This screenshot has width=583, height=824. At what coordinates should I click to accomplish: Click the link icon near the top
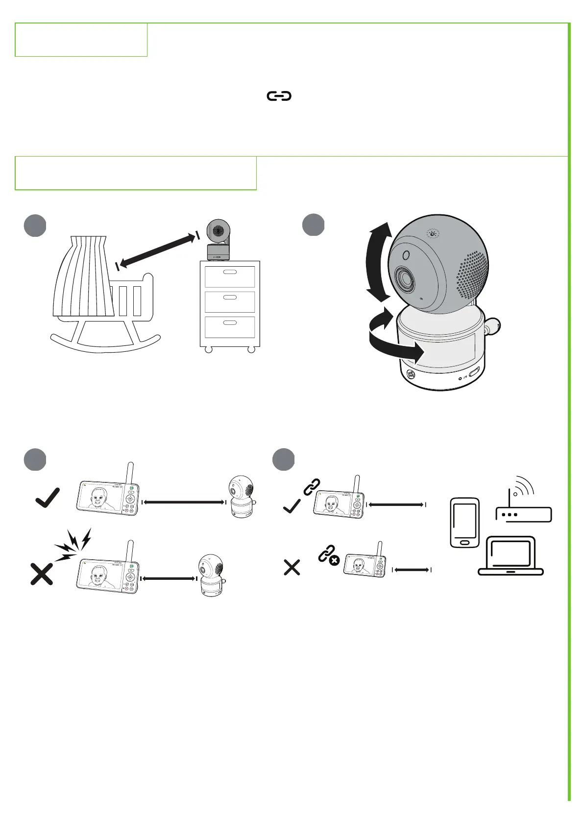279,96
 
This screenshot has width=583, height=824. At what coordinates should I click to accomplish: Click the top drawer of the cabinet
230,276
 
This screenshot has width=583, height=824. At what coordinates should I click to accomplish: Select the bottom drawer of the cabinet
230,327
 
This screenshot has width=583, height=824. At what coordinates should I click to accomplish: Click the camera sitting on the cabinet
219,240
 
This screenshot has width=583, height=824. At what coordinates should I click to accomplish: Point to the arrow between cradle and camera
157,251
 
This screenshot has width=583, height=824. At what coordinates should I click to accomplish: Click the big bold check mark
48,497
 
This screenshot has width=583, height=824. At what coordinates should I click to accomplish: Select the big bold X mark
42,574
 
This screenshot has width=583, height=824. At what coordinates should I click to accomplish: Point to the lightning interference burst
73,543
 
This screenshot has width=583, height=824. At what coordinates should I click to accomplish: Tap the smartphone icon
465,522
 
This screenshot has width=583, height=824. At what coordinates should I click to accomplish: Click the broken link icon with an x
328,556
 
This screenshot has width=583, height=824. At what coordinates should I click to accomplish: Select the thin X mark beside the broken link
292,568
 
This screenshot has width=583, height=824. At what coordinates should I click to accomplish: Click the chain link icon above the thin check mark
312,487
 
